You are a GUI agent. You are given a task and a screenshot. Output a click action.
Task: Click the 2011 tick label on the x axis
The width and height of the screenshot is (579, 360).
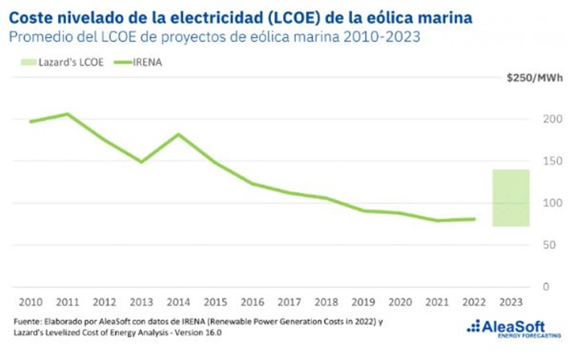68,303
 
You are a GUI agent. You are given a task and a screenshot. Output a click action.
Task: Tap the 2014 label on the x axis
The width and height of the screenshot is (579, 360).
179,303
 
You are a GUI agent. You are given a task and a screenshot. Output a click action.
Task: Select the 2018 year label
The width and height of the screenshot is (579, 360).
326,303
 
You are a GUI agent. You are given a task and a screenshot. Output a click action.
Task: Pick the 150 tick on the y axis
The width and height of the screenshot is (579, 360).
548,161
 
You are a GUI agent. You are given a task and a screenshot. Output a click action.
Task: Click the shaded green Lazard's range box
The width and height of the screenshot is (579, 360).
511,198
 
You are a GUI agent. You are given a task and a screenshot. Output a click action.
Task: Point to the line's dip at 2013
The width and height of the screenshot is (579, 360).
142,162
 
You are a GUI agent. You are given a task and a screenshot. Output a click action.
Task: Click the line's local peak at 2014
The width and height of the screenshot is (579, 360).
179,134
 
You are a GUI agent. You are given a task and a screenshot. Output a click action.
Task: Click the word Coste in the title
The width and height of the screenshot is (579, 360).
31,16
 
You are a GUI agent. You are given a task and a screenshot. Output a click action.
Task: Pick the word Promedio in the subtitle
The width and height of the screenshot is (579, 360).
40,35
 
